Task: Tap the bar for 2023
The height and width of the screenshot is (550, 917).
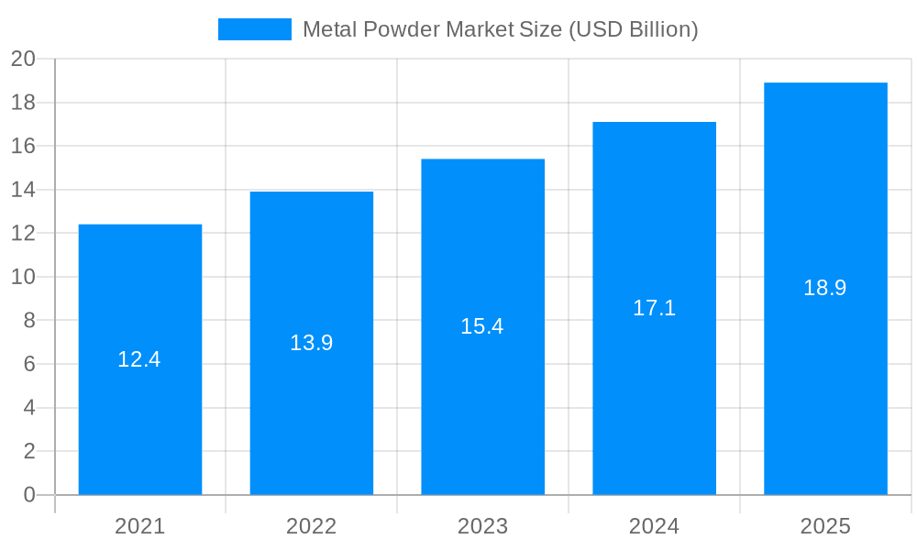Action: point(482,412)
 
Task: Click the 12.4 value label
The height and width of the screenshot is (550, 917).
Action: point(139,359)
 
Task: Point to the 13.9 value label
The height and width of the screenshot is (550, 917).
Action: point(312,343)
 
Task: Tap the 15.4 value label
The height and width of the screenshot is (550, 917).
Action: point(482,326)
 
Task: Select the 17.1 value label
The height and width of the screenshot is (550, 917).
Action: point(654,308)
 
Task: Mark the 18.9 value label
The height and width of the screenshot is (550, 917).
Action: point(825,288)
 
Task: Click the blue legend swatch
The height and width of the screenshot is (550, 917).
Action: point(254,29)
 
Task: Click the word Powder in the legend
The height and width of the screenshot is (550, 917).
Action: point(402,29)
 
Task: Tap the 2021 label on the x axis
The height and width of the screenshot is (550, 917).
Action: point(139,526)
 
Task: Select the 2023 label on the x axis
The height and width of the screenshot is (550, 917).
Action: point(482,526)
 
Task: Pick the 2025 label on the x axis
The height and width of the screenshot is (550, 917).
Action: point(825,526)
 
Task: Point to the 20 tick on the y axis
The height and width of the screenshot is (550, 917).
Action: point(23,59)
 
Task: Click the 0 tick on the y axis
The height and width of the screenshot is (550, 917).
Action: point(28,495)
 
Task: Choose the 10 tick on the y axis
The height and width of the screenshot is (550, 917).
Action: point(23,277)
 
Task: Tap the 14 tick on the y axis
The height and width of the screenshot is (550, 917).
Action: point(23,190)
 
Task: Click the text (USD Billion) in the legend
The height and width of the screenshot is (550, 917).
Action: point(634,29)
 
